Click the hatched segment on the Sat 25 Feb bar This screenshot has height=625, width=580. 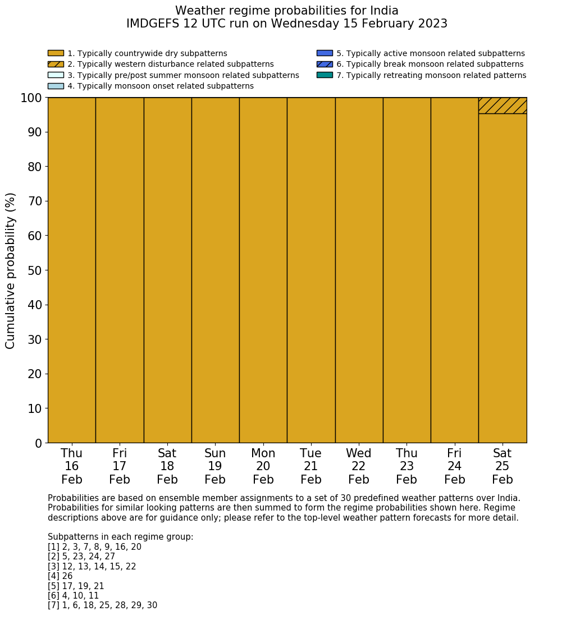coord(503,105)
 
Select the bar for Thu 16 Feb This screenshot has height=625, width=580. coord(71,270)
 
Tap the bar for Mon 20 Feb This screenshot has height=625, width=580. coord(263,270)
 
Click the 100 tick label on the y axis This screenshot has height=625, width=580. coord(31,98)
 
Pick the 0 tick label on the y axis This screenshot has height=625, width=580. coord(38,443)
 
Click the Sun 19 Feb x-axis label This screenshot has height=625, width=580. coord(215,466)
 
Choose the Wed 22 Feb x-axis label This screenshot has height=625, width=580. coord(359,466)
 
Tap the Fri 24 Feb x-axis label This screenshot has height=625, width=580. coord(455,466)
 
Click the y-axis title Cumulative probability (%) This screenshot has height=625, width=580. coord(11,270)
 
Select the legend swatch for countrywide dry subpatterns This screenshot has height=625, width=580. coord(56,53)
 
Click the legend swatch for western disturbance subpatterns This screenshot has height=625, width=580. coord(56,64)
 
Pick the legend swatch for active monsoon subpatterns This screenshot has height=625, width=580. coord(325,53)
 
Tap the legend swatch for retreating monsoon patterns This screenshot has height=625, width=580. coord(325,75)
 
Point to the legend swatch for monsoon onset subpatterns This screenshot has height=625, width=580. coord(56,86)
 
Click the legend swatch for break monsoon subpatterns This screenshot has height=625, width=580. coord(325,64)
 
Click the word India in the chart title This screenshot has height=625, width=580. coord(384,11)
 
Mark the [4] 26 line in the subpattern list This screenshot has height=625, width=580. coord(60,576)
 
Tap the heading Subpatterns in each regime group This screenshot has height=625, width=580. coord(120,537)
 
